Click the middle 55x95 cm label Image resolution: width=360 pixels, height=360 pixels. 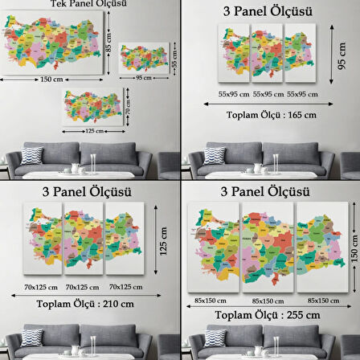(269, 95)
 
